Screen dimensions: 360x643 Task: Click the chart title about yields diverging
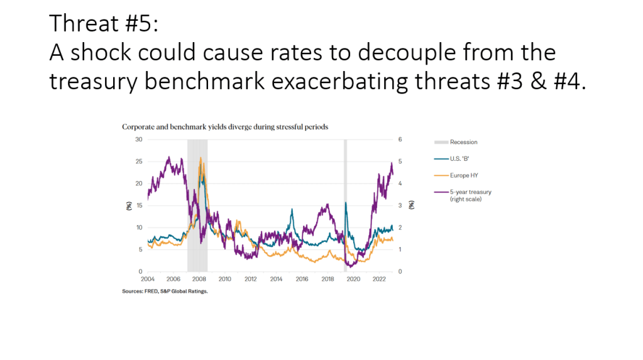(224, 127)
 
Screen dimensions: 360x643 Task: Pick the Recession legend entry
(463, 143)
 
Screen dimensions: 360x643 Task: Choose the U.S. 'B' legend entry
(460, 159)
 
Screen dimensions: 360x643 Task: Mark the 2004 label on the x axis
(148, 278)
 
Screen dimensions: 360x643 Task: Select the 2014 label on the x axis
(276, 278)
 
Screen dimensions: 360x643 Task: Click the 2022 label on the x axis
(379, 278)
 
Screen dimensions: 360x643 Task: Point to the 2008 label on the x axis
(199, 278)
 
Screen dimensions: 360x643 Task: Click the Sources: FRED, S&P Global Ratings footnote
(164, 292)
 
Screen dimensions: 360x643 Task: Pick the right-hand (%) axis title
(411, 205)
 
